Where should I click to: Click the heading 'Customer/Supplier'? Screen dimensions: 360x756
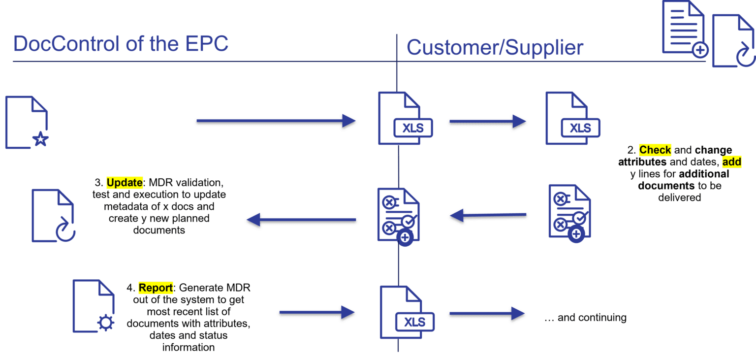coord(495,48)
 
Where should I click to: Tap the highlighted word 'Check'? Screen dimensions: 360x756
coord(655,150)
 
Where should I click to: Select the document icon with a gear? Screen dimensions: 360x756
coord(94,306)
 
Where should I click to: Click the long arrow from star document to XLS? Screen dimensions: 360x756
coord(276,121)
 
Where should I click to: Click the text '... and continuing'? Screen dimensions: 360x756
coord(585,318)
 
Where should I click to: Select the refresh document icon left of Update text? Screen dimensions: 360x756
coord(53,215)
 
